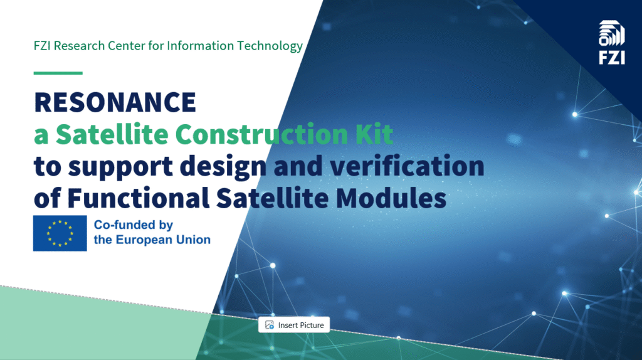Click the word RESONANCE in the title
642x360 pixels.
[115, 102]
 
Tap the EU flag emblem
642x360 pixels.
[60, 233]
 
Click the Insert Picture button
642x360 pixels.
[294, 325]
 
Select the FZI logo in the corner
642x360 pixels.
[612, 43]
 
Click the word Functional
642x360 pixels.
[139, 198]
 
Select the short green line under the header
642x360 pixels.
[58, 73]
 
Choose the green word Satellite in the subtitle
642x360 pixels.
[112, 134]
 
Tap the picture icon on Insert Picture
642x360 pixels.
[269, 325]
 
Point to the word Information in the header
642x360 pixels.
[200, 46]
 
